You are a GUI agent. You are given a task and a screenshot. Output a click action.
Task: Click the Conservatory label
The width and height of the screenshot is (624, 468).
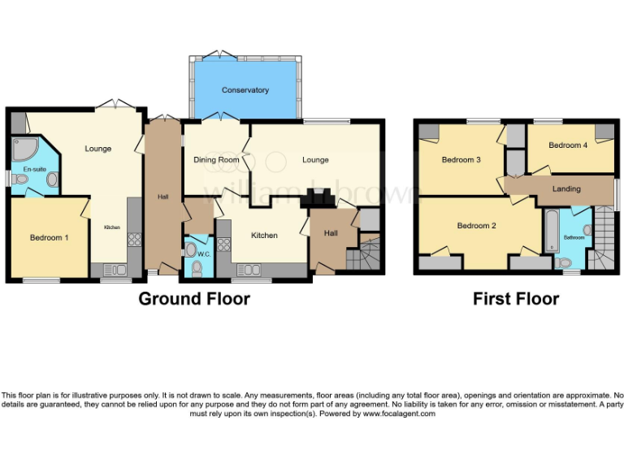(x=245, y=90)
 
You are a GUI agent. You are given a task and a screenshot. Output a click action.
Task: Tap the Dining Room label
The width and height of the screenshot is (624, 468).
(x=216, y=160)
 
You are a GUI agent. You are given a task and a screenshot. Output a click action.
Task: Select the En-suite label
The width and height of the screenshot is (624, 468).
(x=33, y=169)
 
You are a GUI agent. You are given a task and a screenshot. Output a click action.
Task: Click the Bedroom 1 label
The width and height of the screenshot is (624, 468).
(x=49, y=237)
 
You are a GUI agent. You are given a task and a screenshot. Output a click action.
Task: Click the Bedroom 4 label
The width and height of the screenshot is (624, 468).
(x=568, y=145)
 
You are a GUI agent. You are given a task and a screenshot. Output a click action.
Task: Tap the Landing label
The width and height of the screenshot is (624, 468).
(x=566, y=189)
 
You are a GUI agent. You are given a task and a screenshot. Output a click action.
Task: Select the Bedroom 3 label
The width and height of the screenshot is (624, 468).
(x=461, y=160)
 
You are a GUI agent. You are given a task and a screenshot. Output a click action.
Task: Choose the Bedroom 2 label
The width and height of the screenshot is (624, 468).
(x=476, y=226)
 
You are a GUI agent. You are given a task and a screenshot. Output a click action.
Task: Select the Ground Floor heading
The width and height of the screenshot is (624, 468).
(x=194, y=298)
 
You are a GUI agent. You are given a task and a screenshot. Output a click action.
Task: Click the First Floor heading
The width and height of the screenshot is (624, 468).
(x=516, y=298)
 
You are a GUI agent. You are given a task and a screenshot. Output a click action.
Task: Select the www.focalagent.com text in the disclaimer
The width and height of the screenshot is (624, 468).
(x=398, y=414)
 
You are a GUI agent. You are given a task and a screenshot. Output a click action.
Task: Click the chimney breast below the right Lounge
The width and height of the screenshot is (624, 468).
(x=314, y=198)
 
